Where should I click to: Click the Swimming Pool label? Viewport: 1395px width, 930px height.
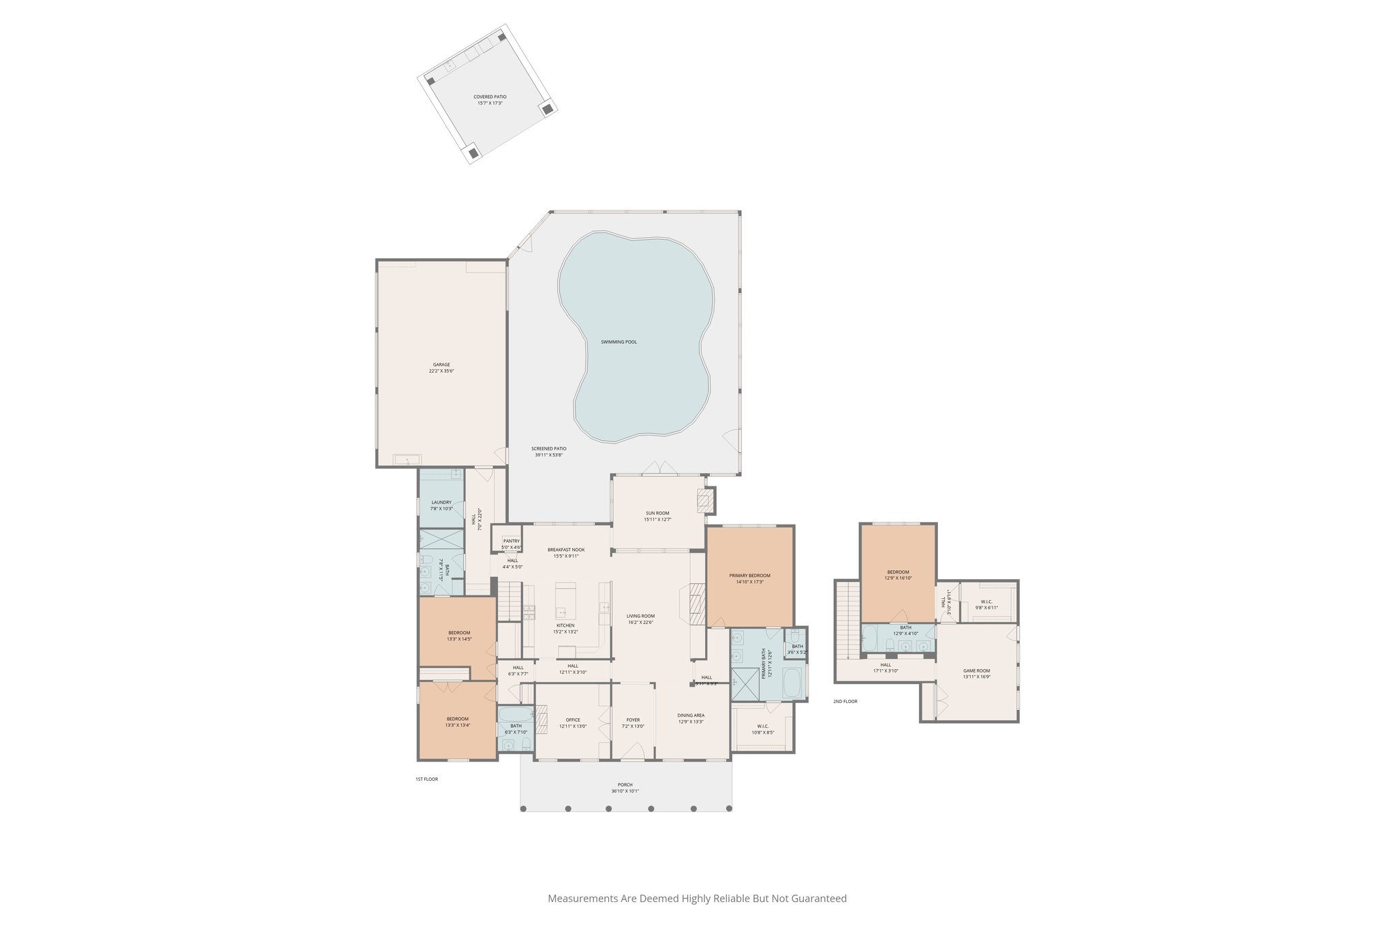(618, 342)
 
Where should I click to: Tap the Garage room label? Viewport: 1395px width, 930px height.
(441, 365)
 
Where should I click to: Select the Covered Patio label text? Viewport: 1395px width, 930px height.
(490, 97)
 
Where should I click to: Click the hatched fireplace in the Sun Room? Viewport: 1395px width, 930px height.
(704, 501)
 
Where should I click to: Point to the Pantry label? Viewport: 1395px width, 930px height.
(511, 541)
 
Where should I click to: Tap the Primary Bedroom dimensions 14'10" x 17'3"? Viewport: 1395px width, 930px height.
(749, 582)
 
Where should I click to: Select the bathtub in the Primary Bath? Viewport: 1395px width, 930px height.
(792, 683)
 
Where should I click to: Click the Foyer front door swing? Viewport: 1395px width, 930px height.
(633, 751)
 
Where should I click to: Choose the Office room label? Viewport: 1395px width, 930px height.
(573, 720)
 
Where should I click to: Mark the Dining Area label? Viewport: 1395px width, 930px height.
(691, 715)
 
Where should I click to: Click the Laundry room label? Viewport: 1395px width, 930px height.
(441, 502)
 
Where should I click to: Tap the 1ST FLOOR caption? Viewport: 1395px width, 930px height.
(427, 779)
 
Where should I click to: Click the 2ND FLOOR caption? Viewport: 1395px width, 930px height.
(845, 701)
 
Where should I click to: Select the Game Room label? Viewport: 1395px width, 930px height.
(976, 670)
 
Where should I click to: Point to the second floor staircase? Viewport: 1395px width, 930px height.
(847, 620)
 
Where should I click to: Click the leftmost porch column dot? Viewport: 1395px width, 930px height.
(523, 809)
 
